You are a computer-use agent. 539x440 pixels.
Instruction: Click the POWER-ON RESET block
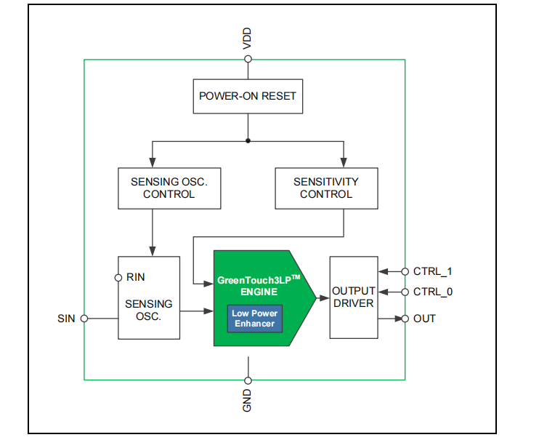point(248,96)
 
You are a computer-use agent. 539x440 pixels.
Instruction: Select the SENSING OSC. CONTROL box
point(169,188)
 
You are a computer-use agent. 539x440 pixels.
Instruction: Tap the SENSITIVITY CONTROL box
point(325,188)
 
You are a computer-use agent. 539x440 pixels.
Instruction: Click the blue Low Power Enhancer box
point(254,319)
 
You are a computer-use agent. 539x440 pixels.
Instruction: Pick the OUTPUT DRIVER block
point(353,297)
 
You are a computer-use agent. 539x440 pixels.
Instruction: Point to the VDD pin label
point(247,41)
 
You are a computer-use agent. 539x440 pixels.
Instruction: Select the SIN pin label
point(67,319)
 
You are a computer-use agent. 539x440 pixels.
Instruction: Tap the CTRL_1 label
point(433,271)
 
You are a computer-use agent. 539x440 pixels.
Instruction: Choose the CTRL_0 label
point(433,292)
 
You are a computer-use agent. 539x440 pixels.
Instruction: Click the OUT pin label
point(425,319)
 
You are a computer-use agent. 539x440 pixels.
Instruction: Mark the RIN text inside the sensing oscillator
point(136,277)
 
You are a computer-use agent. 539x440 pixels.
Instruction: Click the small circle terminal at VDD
point(248,59)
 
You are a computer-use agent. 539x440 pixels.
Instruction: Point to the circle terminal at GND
point(248,380)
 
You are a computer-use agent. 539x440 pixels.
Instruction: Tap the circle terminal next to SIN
point(84,319)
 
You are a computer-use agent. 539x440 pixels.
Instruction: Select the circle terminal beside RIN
point(118,277)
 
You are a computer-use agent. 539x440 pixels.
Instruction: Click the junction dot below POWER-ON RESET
point(248,140)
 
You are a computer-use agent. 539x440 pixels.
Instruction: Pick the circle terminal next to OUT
point(405,319)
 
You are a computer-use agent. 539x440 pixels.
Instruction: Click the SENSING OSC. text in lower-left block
point(148,311)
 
